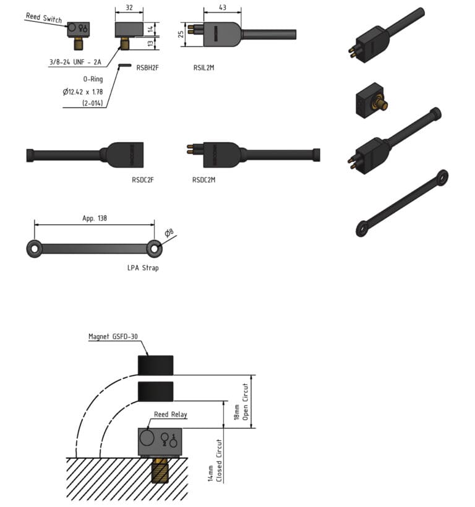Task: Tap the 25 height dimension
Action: tap(181, 33)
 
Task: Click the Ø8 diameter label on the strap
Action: tap(168, 233)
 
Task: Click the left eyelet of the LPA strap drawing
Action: tap(34, 249)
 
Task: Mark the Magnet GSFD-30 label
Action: tap(114, 337)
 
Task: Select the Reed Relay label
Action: tap(171, 414)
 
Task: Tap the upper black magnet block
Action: tap(155, 365)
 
